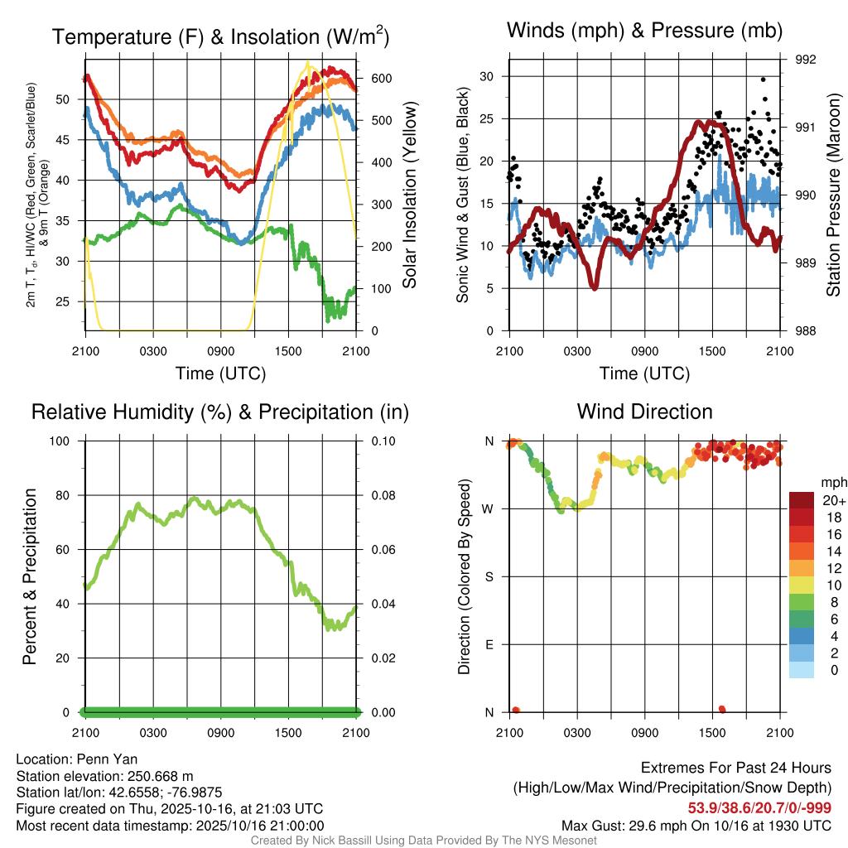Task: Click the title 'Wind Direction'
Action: [644, 412]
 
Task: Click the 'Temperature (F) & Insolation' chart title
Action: [220, 37]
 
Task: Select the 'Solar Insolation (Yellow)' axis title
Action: [409, 195]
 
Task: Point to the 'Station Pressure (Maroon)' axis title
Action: [833, 195]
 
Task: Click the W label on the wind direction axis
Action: [489, 508]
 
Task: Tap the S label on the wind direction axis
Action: [489, 576]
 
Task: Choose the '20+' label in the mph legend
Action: [834, 500]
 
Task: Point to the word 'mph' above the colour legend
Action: [833, 482]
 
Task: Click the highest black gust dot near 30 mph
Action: [763, 79]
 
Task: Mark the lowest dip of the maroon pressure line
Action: [594, 287]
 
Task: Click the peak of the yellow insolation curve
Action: [308, 61]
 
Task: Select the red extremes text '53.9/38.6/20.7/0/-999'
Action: [759, 807]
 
